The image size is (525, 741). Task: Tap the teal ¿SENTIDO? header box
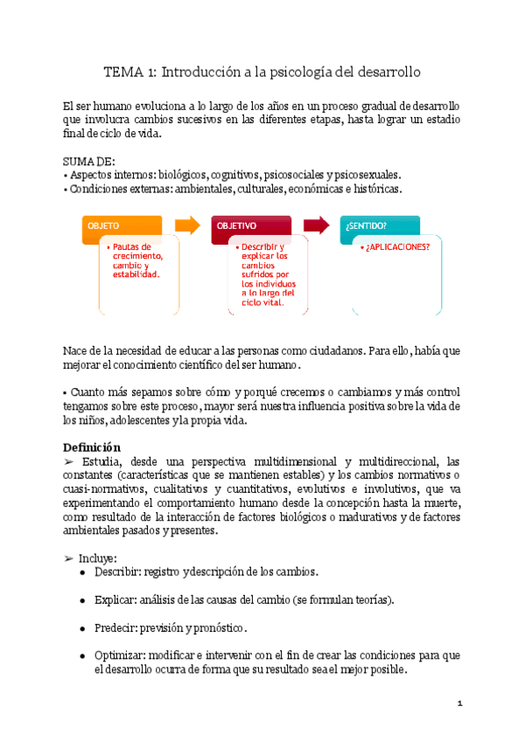coord(379,225)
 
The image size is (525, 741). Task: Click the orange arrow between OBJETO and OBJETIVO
coord(187,225)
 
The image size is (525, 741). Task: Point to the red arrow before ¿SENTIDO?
coord(316,225)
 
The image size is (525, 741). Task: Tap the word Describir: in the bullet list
coord(117,571)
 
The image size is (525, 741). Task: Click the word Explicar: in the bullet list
coord(115,599)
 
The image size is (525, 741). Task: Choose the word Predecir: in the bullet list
coord(115,627)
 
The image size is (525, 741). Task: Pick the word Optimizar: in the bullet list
coord(120,654)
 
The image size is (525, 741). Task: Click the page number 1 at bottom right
coord(459,703)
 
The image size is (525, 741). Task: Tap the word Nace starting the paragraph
coord(77,350)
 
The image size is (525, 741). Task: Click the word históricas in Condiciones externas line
coord(376,189)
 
